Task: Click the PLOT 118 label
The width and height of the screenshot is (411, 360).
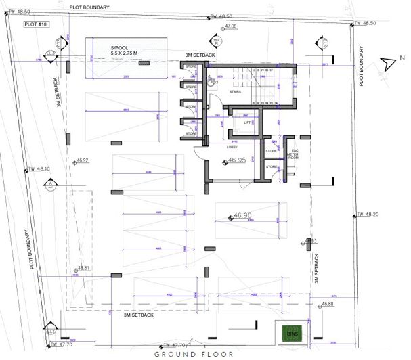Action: point(34,24)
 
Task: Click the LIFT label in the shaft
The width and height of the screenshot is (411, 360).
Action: point(238,122)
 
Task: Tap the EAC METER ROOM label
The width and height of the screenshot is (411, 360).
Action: point(295,154)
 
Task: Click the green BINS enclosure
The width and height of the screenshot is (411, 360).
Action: point(293,334)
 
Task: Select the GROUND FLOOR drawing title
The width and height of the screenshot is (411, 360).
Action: point(194,354)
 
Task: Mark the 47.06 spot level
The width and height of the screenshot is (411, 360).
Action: point(230,26)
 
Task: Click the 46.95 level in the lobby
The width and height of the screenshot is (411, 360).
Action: point(236,161)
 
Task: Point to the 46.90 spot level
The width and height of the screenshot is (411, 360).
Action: point(242,216)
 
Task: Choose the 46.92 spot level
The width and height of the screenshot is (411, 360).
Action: point(83,160)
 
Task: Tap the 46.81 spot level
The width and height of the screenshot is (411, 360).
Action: point(83,268)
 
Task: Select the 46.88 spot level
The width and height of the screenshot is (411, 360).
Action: point(327,304)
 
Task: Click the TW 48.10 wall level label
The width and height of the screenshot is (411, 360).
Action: point(38,169)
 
